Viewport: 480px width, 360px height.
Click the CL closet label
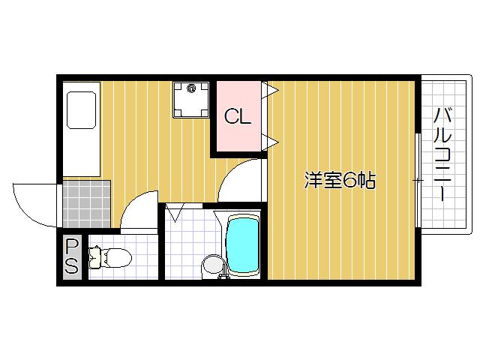[x=238, y=117]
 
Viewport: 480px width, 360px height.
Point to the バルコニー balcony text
[x=442, y=154]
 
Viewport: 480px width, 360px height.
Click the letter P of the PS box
[x=71, y=246]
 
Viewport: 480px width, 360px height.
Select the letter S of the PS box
[x=71, y=265]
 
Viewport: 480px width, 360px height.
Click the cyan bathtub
[x=242, y=246]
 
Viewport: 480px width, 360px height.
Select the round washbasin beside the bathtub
[x=212, y=265]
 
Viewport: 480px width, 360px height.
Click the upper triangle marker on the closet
[x=271, y=91]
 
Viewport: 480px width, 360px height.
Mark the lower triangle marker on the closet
[x=271, y=140]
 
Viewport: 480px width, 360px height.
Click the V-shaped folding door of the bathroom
[x=178, y=214]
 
